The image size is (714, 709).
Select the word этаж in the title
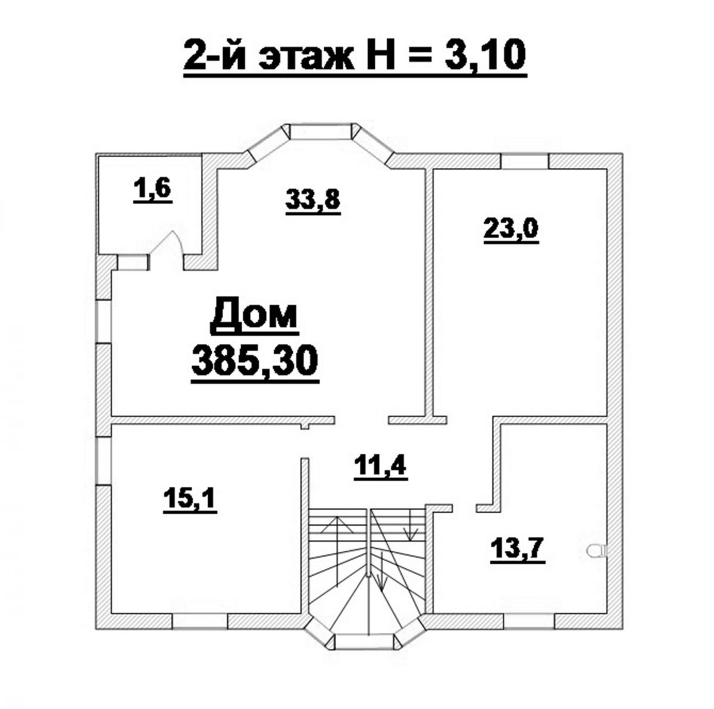tap(305, 57)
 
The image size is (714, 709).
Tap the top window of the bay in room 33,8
tap(320, 132)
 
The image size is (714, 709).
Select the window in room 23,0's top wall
tap(524, 161)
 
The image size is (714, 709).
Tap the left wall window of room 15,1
tap(104, 460)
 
